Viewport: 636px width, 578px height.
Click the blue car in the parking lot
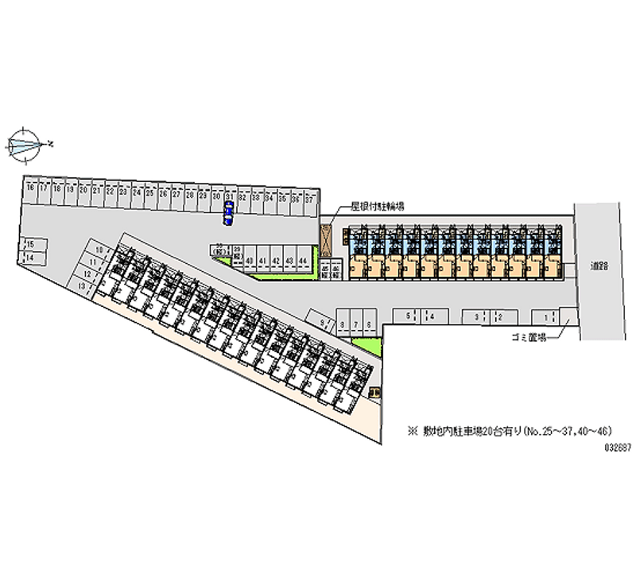coord(229,214)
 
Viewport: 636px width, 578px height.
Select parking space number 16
coord(30,192)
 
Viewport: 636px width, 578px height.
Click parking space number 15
coord(30,244)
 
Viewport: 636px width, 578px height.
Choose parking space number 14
coord(30,258)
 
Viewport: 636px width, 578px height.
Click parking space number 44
coord(302,261)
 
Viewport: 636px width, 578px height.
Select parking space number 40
coord(250,261)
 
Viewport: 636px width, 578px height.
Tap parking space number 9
coord(323,324)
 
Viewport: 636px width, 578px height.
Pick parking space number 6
coord(370,324)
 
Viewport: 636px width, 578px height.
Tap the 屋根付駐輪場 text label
coord(378,206)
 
